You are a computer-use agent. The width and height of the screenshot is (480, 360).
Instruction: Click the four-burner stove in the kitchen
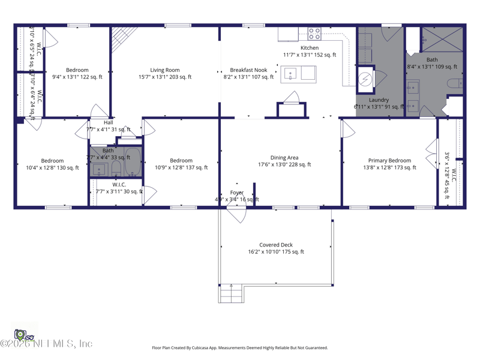coord(314,34)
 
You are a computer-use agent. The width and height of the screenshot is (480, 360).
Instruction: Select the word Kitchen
coord(310,48)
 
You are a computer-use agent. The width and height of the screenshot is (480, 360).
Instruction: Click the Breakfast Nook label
coord(248,70)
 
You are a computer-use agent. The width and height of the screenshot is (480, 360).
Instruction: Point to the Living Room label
coord(165,70)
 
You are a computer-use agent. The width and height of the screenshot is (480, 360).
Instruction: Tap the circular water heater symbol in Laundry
coord(365,79)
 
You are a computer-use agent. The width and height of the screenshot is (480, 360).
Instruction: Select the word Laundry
coord(379,100)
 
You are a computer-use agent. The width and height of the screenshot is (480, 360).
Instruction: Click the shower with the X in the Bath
coord(442,39)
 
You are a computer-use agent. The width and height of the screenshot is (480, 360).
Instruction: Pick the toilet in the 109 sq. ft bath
coord(455,83)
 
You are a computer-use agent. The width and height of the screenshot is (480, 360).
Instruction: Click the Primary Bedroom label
coord(389,161)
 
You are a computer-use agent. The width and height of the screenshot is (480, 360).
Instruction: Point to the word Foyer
coord(237,193)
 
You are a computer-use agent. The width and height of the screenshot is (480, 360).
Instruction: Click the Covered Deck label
coord(276,245)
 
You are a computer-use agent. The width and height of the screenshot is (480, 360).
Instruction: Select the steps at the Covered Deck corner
coord(232,294)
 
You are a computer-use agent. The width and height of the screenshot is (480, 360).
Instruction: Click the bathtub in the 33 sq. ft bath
coord(133,163)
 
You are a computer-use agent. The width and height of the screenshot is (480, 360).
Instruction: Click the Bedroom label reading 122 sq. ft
coord(77,70)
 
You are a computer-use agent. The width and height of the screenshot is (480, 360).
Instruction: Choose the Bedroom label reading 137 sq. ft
coord(181,161)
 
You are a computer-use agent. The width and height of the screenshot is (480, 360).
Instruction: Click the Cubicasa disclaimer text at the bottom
coord(240,347)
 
